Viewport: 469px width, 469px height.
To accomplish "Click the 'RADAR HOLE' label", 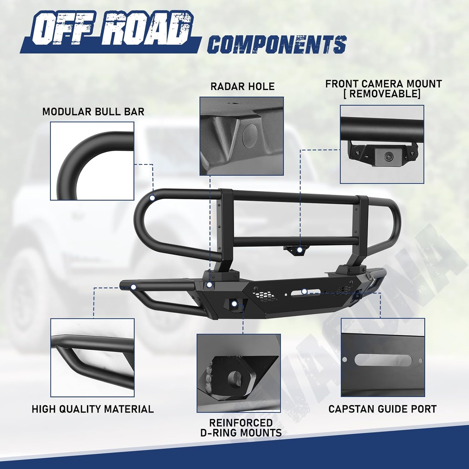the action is [242, 86].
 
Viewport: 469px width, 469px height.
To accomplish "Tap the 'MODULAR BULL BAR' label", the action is [93, 112].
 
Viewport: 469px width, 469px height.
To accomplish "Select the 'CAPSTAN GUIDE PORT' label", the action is [382, 409].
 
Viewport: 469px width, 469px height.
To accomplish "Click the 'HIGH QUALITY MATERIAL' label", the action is [93, 409].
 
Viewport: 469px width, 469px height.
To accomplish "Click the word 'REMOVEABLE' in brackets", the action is [382, 94].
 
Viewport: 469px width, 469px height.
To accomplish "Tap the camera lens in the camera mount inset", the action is [389, 155].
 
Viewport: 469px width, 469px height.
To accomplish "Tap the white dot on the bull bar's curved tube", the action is [152, 198].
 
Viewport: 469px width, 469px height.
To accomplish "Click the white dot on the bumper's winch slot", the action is [304, 291].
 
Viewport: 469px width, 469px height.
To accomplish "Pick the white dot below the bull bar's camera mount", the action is [300, 250].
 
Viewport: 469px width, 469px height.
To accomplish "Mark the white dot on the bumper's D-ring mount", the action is [234, 304].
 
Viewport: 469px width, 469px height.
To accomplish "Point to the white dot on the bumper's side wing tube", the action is [134, 287].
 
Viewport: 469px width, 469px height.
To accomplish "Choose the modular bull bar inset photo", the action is [92, 161].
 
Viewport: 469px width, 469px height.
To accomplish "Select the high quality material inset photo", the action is [93, 358].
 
